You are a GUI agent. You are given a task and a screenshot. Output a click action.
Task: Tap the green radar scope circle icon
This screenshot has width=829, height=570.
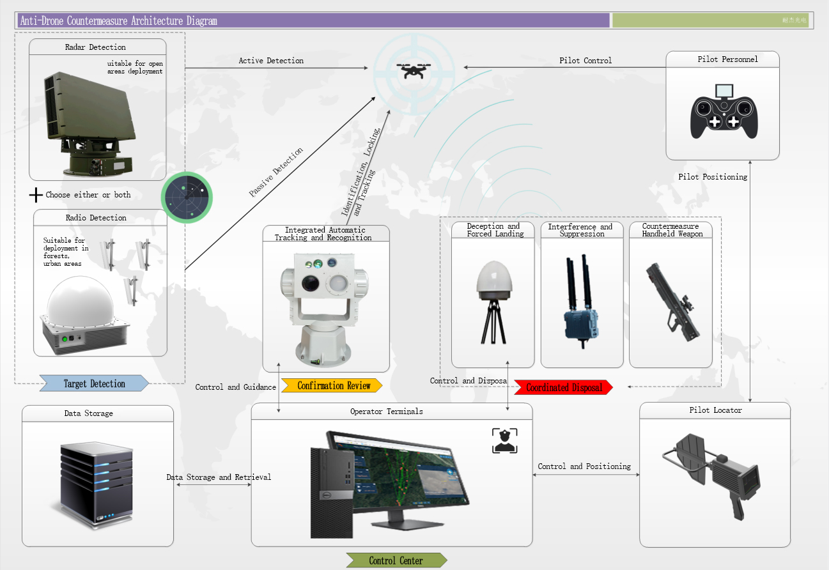(x=187, y=198)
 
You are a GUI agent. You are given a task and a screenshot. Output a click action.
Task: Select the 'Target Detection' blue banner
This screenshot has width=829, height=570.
(x=94, y=384)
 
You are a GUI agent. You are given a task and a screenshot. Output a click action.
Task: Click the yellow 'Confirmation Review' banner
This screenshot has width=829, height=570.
(x=333, y=386)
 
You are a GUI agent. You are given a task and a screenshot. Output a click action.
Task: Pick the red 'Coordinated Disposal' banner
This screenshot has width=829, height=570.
(x=564, y=387)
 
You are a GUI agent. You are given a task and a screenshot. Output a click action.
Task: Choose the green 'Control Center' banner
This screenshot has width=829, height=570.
(x=396, y=560)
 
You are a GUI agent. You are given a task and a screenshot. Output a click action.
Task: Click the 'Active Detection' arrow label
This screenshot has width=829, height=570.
(x=271, y=61)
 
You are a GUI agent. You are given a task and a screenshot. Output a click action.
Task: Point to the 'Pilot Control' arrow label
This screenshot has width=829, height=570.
(x=585, y=61)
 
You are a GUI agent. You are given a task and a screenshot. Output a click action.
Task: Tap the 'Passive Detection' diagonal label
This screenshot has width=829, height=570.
(x=276, y=173)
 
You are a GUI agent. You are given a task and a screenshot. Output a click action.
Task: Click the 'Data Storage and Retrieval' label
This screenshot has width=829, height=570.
(x=219, y=477)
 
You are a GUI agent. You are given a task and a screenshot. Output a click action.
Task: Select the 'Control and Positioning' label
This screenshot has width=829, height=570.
(x=584, y=466)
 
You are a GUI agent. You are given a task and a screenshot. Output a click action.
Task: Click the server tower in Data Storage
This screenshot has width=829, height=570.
(x=97, y=483)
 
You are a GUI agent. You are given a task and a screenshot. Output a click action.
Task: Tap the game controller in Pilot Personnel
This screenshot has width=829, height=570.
(x=724, y=115)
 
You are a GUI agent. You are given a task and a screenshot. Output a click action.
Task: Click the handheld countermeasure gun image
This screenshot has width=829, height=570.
(x=672, y=300)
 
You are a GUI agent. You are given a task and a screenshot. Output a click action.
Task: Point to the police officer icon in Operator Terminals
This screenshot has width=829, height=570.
(x=504, y=441)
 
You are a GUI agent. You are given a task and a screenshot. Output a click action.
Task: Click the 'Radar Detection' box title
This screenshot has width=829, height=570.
(x=95, y=47)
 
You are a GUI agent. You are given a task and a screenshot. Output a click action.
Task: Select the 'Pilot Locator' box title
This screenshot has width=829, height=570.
(x=715, y=410)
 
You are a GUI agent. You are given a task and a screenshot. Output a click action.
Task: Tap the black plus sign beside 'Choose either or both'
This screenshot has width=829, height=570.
(x=36, y=195)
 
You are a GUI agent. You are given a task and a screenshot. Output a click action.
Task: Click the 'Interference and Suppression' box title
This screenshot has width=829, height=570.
(x=581, y=230)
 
